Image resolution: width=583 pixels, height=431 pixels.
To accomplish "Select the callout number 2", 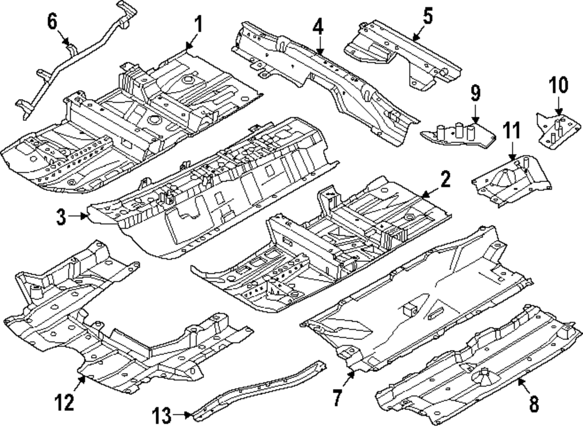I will (x=445, y=181).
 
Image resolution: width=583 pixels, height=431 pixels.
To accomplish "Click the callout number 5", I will (x=428, y=16).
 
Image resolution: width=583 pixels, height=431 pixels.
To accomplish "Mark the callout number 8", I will (x=534, y=402).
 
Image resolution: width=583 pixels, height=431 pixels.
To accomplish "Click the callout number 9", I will (x=475, y=92).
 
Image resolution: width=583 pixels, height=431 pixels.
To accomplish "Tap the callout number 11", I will (x=511, y=131).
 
